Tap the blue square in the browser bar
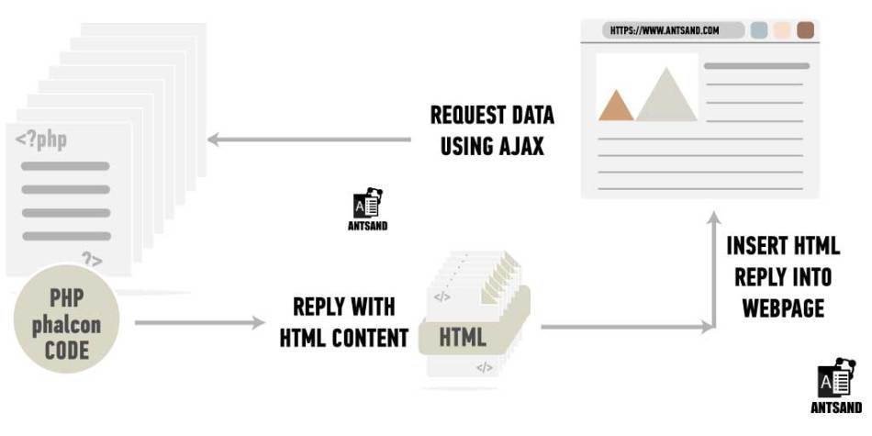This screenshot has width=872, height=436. [x=759, y=30]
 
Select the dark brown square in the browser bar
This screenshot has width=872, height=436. [x=805, y=30]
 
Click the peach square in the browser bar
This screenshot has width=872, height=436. [x=782, y=30]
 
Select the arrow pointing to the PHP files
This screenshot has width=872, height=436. [x=309, y=139]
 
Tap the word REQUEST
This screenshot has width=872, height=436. [x=466, y=115]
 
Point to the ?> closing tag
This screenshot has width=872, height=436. [x=93, y=259]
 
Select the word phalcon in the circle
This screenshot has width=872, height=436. [x=66, y=325]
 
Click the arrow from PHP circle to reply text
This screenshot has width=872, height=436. [x=200, y=322]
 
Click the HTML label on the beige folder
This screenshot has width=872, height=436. [x=463, y=337]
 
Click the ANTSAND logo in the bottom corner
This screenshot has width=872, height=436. [x=836, y=386]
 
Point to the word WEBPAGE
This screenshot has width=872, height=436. [x=783, y=308]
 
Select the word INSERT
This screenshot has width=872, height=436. [x=754, y=245]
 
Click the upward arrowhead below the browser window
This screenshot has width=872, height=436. [x=714, y=218]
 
